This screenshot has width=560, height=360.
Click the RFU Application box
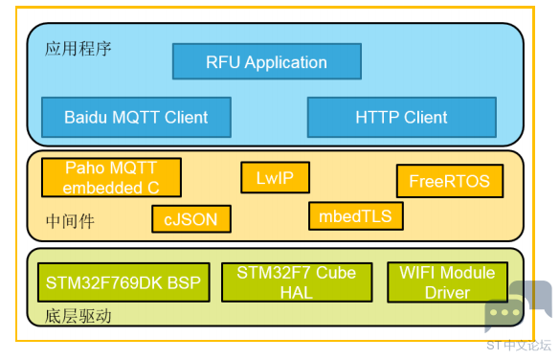267,61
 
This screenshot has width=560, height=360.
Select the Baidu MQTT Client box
136,117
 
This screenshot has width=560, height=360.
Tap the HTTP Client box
402,117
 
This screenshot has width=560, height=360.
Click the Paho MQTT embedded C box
111,177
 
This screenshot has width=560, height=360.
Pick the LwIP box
275,177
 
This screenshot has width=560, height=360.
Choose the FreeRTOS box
450,181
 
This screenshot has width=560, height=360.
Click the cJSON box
191,219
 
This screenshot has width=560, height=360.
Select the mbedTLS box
356,216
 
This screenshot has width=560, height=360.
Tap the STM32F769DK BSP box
123,282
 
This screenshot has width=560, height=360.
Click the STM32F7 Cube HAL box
297,282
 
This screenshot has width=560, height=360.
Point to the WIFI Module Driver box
447,282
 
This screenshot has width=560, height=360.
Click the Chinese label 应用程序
78,49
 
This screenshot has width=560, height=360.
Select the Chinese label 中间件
70,221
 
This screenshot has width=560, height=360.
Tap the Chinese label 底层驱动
78,316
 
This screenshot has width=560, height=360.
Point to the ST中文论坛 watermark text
519,346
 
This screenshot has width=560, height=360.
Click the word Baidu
86,117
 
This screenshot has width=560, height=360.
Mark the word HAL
297,293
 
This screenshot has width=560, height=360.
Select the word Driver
447,293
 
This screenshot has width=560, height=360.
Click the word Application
285,63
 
